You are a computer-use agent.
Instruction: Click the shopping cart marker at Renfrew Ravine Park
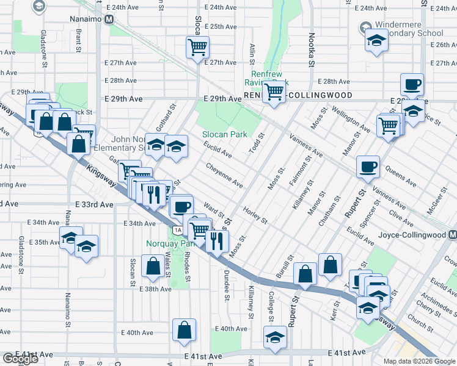[x=274, y=92]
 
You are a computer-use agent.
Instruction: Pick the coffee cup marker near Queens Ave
[x=368, y=167]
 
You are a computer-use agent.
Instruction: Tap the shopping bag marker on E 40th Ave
[x=184, y=330]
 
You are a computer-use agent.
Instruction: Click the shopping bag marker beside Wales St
[x=152, y=265]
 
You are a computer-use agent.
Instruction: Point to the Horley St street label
[x=255, y=215]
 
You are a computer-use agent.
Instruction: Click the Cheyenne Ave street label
[x=224, y=174]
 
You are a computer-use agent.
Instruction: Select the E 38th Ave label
[x=155, y=289]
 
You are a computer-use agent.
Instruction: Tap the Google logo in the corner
[x=20, y=359]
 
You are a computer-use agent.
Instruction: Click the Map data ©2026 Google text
[x=420, y=361]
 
